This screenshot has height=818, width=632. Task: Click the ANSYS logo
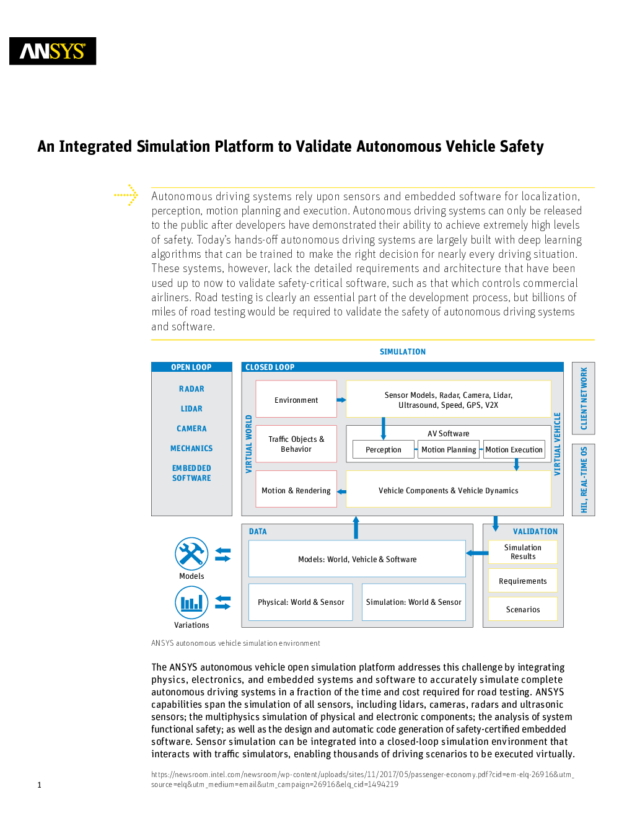[x=53, y=51]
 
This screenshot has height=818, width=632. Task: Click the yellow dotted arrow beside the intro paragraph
[x=126, y=195]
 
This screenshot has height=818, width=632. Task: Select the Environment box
[x=296, y=399]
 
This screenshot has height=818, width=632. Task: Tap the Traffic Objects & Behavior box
[x=296, y=444]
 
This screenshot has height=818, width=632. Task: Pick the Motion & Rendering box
[x=296, y=489]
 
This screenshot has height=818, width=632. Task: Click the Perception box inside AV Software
[x=383, y=449]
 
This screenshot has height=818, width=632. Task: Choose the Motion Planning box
[x=449, y=449]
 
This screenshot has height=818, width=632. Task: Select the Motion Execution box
[x=514, y=449]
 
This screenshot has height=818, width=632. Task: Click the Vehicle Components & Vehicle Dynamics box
[x=449, y=489]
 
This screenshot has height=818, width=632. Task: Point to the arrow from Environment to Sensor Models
[x=341, y=400]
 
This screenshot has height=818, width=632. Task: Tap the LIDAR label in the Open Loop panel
[x=191, y=408]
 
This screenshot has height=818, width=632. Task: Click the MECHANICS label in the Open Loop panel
[x=191, y=448]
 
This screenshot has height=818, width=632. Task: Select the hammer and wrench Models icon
[x=191, y=554]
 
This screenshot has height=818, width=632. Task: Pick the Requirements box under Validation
[x=523, y=581]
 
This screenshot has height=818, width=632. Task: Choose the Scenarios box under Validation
[x=523, y=609]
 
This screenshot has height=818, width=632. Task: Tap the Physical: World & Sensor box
[x=301, y=602]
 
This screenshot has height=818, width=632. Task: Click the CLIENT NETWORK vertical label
[x=584, y=398]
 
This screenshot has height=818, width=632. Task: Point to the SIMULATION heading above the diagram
[x=402, y=351]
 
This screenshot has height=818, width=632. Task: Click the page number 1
[x=39, y=785]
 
